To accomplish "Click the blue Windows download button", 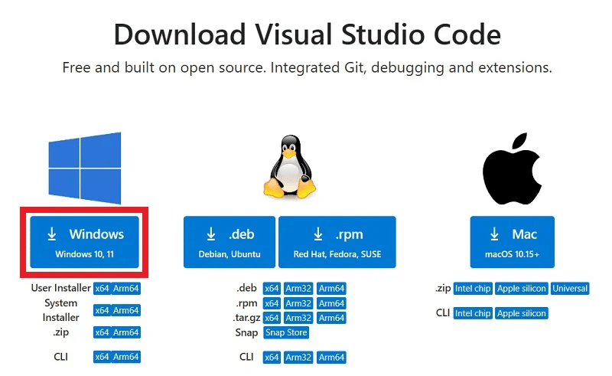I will coord(85,241).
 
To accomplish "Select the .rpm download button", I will coord(337,241).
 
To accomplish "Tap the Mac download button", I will coord(512,241).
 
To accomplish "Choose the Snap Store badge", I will coord(285,333).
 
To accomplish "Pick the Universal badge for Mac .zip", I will coord(570,289).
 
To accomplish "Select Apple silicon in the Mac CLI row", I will coord(522,313).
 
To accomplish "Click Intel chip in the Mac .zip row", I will coord(472,289).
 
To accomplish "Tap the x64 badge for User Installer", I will coord(102,289).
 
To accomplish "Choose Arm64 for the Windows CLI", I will coord(126,357).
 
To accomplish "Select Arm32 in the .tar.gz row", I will coord(298,318).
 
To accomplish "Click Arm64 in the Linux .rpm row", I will coord(331,303).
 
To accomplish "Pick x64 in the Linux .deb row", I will coord(271,289).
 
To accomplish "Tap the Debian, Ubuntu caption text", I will coord(230,253).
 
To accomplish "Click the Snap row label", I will coord(246,333).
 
